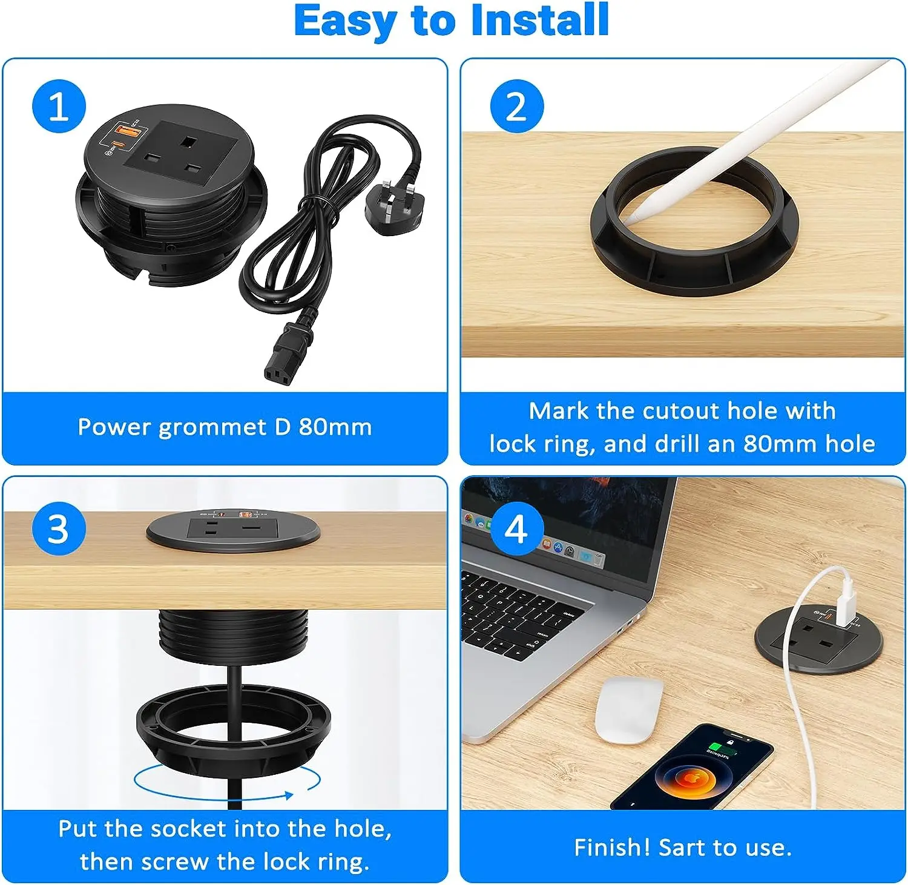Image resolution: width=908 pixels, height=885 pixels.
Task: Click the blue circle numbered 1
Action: [x=59, y=106]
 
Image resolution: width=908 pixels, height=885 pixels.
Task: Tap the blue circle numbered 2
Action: [x=516, y=106]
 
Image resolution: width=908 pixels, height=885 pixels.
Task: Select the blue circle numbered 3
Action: [x=59, y=528]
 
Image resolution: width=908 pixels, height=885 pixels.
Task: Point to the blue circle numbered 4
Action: [x=516, y=528]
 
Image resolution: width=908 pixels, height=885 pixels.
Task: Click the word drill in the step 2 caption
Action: [x=678, y=444]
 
